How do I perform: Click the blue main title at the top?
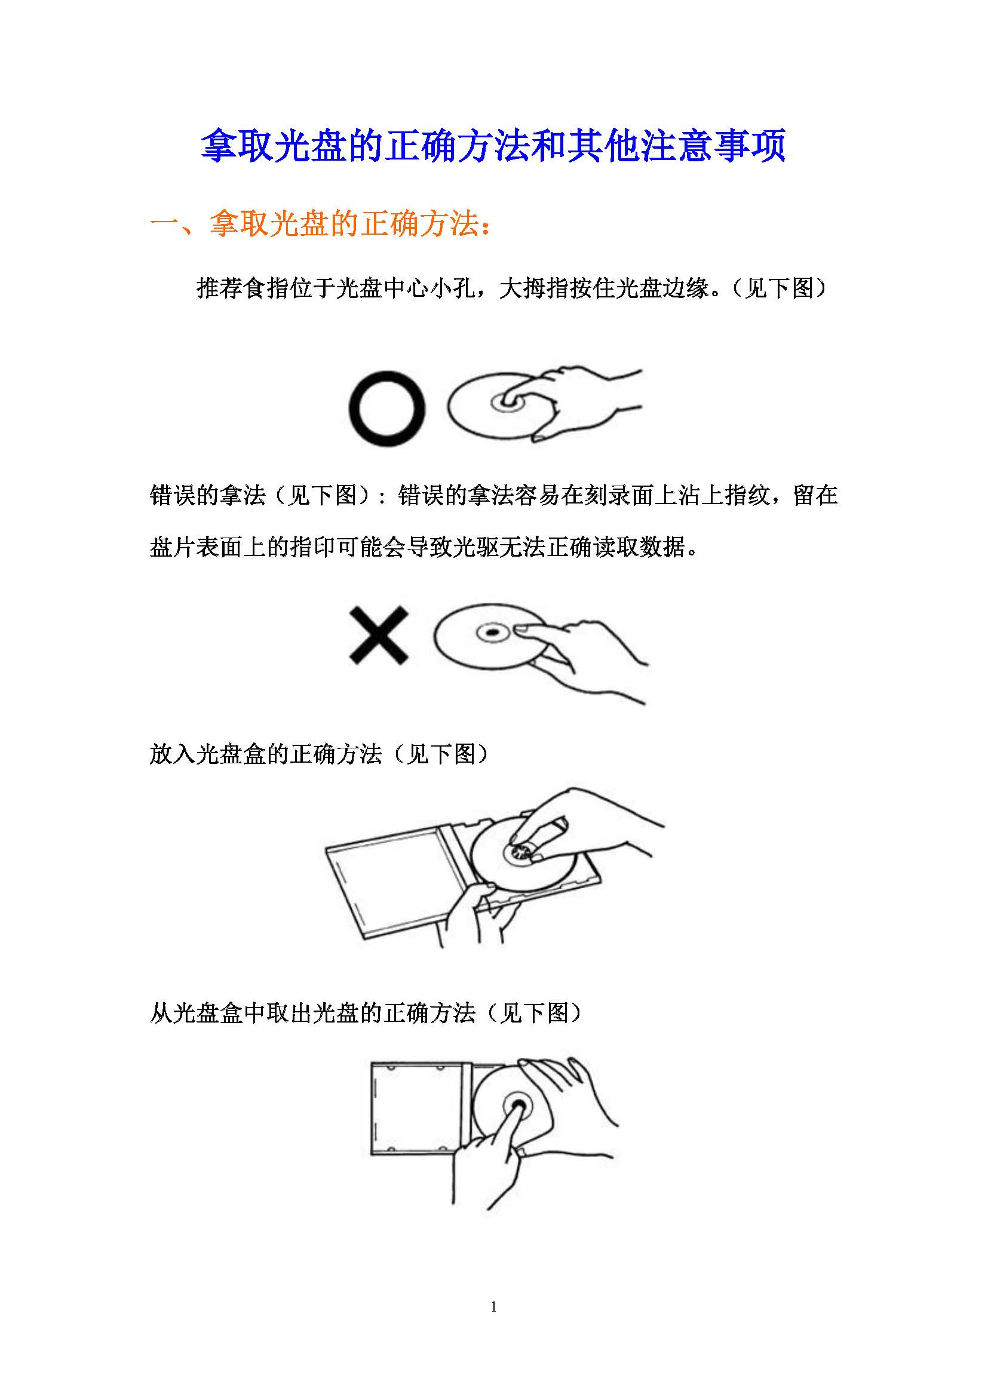click(493, 145)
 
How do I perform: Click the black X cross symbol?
click(378, 635)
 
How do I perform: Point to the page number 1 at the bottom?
click(493, 1306)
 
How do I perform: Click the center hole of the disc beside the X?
click(493, 633)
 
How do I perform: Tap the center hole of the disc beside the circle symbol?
click(505, 403)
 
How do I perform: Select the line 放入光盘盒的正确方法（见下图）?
click(319, 754)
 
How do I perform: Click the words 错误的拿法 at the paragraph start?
click(207, 495)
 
